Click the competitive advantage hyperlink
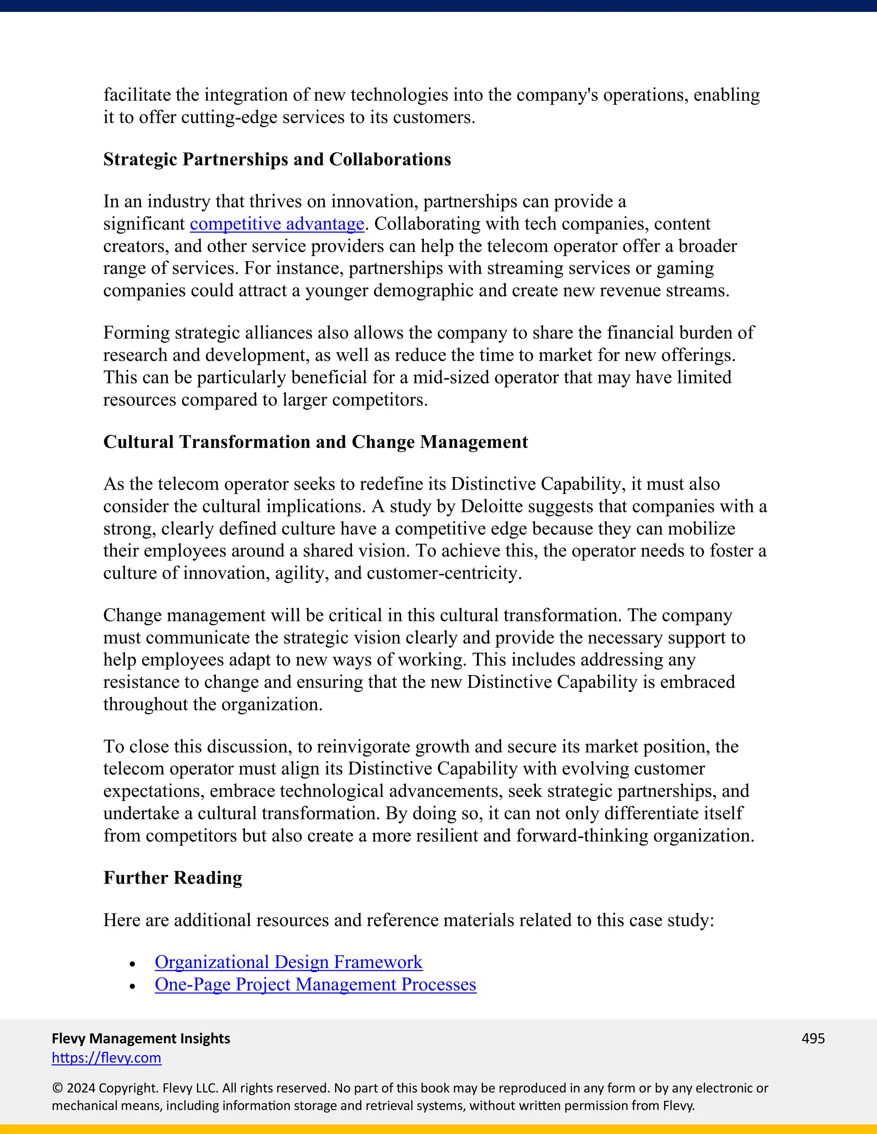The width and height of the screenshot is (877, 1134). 277,224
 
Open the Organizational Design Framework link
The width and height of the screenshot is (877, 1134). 288,962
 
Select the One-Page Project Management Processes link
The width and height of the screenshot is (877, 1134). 315,985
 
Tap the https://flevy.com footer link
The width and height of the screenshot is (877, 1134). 107,1058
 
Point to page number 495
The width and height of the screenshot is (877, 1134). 813,1039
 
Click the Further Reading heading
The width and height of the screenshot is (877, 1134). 173,878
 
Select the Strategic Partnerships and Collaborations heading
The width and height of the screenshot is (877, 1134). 277,160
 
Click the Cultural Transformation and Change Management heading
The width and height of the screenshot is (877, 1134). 315,442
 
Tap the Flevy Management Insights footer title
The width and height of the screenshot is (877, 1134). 141,1039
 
